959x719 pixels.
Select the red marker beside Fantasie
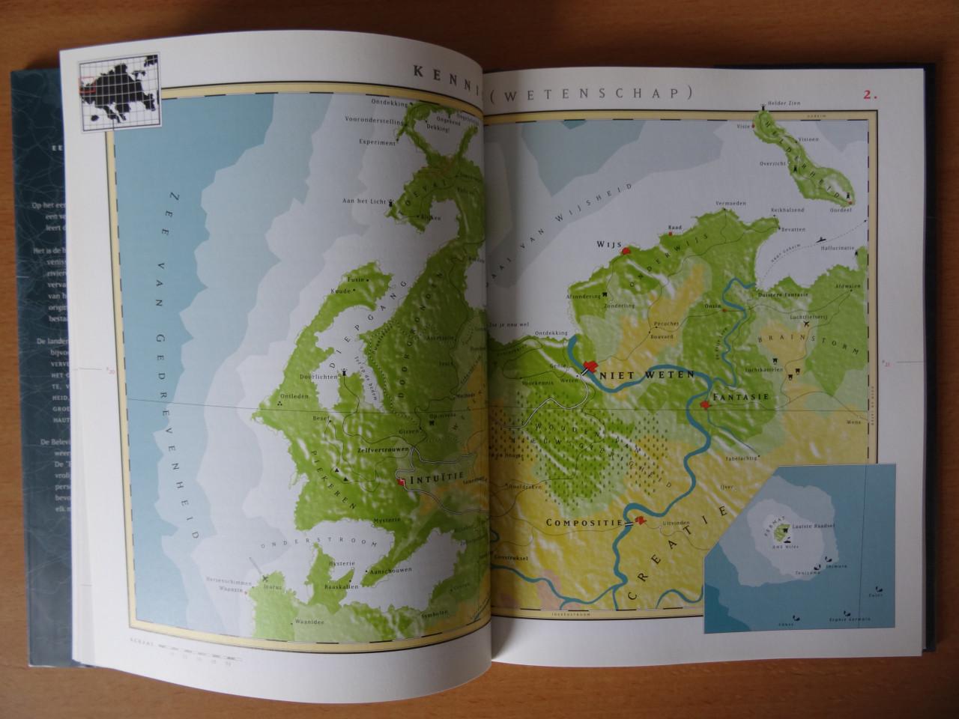[x=705, y=405]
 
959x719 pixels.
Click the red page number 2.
[x=870, y=95]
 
